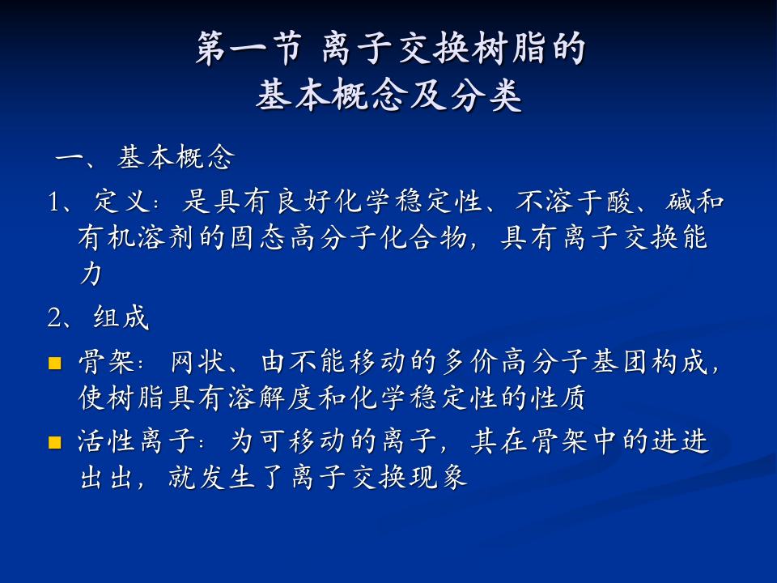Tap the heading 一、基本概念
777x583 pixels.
145,158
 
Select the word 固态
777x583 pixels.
258,238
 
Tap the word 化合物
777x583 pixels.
422,238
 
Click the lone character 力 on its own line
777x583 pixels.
90,274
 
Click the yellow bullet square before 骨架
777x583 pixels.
55,362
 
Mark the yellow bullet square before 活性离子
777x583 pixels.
55,442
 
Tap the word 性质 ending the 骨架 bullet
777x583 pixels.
562,398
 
